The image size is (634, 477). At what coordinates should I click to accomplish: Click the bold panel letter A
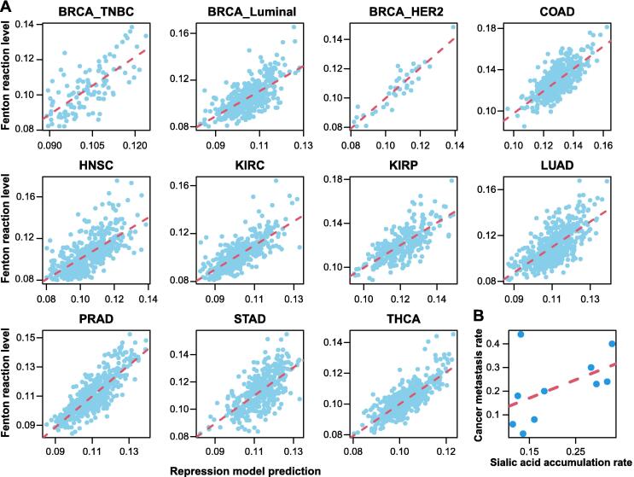(x=8, y=9)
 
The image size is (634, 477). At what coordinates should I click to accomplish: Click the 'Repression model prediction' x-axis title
(x=246, y=469)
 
